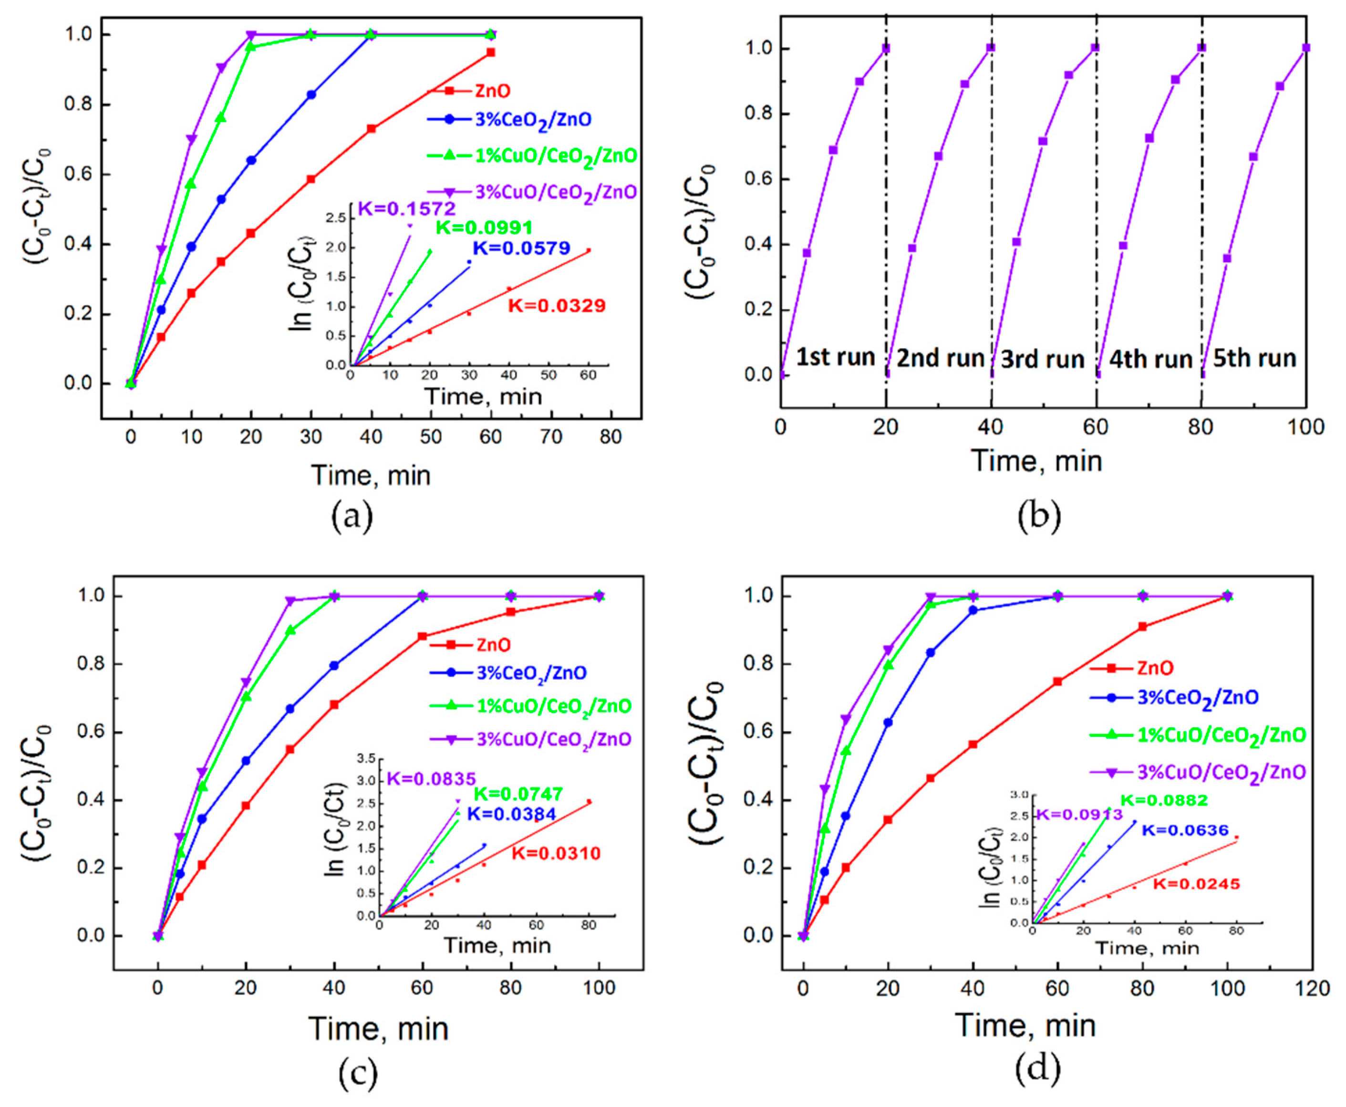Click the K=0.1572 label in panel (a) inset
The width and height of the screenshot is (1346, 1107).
(x=407, y=208)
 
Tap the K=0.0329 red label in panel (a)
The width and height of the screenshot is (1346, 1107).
(x=557, y=306)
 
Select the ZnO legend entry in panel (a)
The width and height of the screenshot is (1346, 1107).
(x=492, y=91)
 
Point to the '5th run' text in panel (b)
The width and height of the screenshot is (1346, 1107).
(x=1254, y=358)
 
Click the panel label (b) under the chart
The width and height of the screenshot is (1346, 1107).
(x=1039, y=516)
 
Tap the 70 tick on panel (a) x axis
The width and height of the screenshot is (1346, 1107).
(x=551, y=437)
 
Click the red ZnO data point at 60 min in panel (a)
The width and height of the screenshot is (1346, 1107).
(x=490, y=52)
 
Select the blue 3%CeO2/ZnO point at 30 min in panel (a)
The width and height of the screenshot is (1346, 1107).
(x=311, y=94)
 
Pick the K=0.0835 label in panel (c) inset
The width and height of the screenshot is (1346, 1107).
(x=432, y=778)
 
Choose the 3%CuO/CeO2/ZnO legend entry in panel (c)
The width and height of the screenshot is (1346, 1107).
(x=553, y=739)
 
